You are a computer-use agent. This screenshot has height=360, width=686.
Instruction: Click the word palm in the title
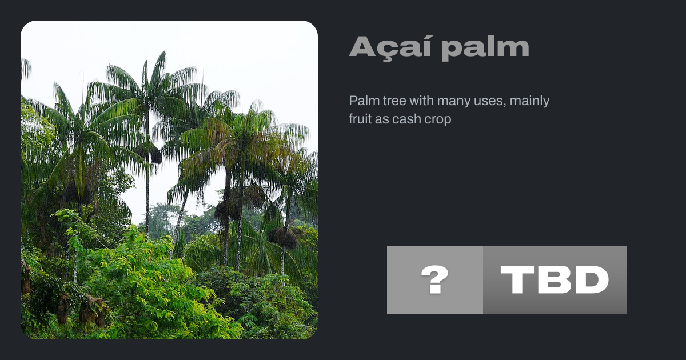(485, 49)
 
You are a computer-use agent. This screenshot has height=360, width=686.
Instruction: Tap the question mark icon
(435, 280)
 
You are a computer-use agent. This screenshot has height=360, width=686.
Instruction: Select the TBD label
(555, 280)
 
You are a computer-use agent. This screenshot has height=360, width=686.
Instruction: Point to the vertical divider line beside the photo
(333, 180)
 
